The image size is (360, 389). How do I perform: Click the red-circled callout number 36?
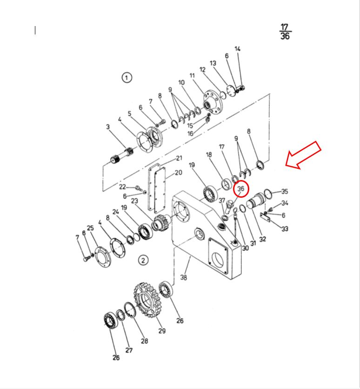click(x=241, y=189)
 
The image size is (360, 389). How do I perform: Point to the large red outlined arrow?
click(x=303, y=155)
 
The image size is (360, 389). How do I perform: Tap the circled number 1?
click(x=127, y=78)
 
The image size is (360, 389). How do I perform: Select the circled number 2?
click(x=143, y=261)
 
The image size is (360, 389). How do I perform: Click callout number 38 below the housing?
click(x=183, y=277)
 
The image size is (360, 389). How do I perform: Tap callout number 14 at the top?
click(x=238, y=48)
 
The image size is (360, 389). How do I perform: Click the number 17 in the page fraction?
click(x=285, y=27)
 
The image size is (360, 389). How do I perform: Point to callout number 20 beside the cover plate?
click(x=179, y=172)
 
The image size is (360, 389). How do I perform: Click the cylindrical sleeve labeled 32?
click(x=256, y=200)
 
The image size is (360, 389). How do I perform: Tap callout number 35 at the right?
click(x=285, y=191)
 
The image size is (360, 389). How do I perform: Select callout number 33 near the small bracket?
click(x=285, y=228)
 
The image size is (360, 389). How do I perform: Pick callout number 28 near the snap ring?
click(x=145, y=341)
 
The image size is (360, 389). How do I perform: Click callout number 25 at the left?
click(x=90, y=228)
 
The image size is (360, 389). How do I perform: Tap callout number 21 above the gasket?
click(x=179, y=158)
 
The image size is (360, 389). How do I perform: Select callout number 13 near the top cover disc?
click(x=213, y=63)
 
